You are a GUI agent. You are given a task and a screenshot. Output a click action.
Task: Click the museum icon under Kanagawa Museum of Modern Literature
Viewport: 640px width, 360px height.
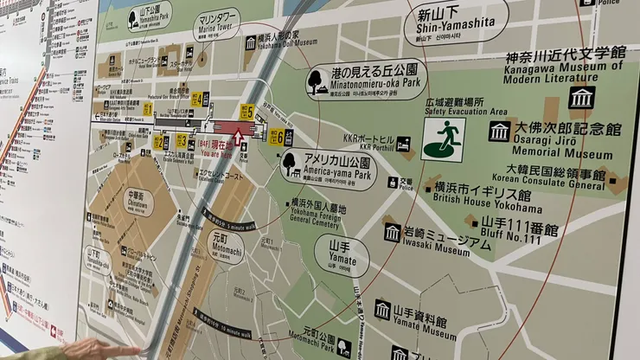[581, 97]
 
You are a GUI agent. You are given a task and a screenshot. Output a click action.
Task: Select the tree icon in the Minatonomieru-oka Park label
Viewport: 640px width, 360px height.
[317, 80]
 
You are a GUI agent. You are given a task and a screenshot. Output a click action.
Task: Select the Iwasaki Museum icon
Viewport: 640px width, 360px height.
[392, 231]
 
